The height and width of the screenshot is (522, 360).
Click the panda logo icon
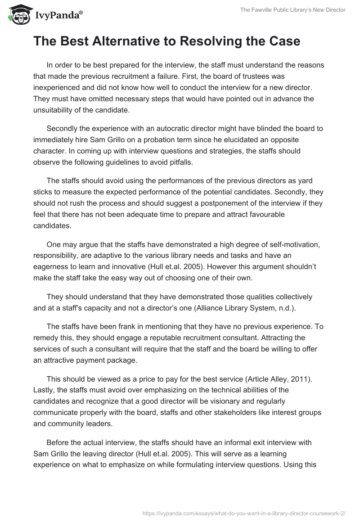[x=17, y=15]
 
